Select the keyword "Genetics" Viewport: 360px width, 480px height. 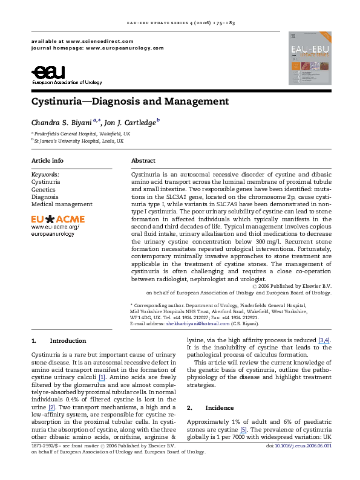[x=44, y=189]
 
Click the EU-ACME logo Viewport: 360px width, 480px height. [x=58, y=218]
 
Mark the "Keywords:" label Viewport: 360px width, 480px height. [x=44, y=174]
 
